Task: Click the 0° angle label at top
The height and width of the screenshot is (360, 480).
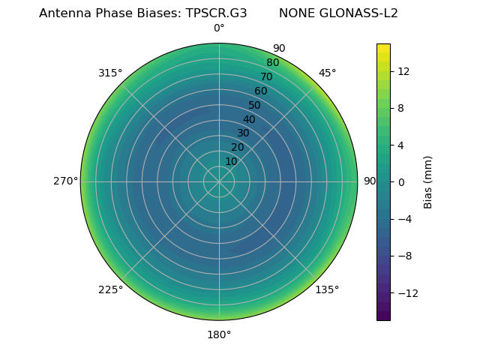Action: point(219,28)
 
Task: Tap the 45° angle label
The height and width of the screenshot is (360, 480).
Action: point(327,73)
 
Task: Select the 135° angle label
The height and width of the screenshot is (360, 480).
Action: point(327,289)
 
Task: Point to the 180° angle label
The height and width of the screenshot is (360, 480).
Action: point(219,334)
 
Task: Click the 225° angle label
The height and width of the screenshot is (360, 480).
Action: point(110,289)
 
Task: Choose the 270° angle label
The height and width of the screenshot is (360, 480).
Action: point(66,181)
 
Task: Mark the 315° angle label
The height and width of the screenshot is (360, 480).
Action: point(110,73)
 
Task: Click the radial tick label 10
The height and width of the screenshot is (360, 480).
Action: point(231,161)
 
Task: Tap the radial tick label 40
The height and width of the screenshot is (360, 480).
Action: point(249,119)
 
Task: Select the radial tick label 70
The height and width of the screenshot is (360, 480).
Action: point(267,76)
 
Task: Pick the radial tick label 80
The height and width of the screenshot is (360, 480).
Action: point(272,62)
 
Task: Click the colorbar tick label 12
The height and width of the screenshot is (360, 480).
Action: point(403,71)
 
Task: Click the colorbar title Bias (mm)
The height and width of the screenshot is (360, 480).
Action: point(428,181)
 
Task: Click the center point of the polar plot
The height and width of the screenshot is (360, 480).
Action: point(219,181)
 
